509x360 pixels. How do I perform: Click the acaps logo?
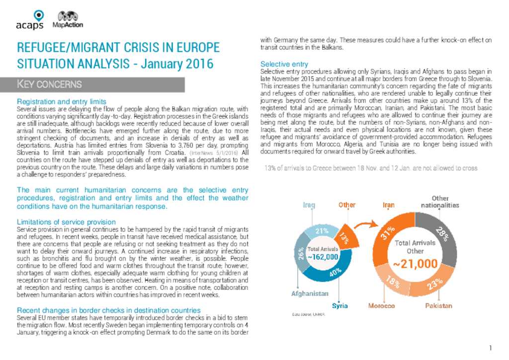click(29, 20)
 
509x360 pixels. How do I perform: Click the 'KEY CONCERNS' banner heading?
click(50, 84)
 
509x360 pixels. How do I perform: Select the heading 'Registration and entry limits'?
click(62, 101)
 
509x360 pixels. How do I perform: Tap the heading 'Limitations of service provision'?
click(66, 222)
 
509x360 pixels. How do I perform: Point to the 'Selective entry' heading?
click(284, 64)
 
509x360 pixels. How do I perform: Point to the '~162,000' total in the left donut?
click(323, 257)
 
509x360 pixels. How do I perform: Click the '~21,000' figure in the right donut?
click(416, 264)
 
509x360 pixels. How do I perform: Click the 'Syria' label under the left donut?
click(340, 305)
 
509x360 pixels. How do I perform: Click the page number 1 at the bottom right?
click(490, 348)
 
